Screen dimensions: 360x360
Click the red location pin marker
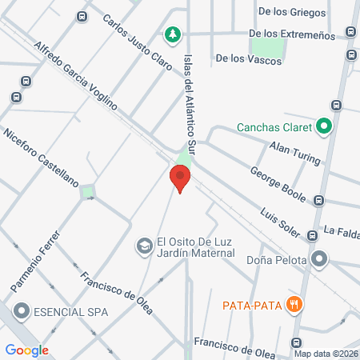pos(181,178)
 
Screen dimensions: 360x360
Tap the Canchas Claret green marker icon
pos(323,126)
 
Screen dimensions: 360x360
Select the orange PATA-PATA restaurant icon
pos(295,304)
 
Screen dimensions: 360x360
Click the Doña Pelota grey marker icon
pos(320,258)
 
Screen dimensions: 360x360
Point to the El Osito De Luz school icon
pos(144,245)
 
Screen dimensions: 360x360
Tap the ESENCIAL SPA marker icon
pos(21,310)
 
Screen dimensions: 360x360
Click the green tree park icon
pos(171,34)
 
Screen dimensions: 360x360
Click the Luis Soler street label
pos(279,223)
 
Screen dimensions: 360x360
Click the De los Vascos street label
pos(242,58)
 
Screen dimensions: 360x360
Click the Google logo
pos(26,350)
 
